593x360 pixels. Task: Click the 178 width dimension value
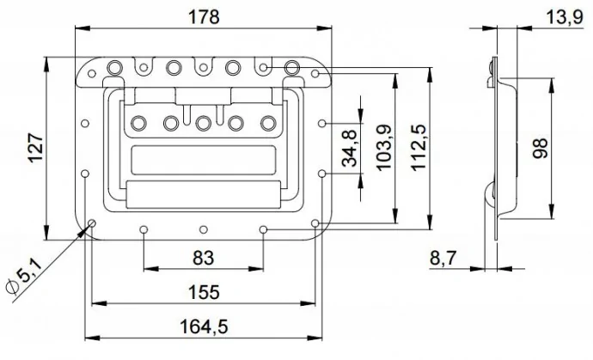coord(204,16)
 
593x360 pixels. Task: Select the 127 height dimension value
coord(37,148)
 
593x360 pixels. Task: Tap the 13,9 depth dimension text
coord(565,17)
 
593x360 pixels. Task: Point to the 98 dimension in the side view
coord(540,149)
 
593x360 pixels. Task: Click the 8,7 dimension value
coord(443,259)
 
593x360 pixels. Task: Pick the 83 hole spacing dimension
coord(204,258)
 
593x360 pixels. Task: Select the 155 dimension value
coord(204,292)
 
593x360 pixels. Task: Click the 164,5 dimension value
coord(204,326)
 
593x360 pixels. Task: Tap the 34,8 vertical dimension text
coord(350,149)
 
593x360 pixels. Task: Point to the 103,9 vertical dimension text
coord(384,148)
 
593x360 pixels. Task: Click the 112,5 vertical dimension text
coord(419,148)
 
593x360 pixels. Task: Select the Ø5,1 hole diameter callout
coord(24,278)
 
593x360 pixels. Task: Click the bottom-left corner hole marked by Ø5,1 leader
coord(91,223)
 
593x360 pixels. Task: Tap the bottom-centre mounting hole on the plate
coord(204,229)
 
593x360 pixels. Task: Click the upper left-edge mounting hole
coord(85,123)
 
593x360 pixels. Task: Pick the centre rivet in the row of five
coord(204,123)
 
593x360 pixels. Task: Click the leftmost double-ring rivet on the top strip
coord(114,68)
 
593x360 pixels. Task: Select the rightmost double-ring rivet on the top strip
coord(291,68)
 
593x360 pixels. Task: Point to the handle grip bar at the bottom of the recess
coord(204,194)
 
